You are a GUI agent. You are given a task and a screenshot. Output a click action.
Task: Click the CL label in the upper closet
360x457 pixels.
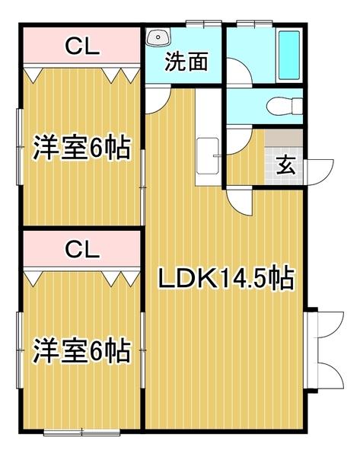click(81, 47)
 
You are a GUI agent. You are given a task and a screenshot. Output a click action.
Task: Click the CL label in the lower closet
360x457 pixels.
click(81, 248)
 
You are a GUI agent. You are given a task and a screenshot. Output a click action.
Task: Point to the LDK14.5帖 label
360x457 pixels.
click(226, 280)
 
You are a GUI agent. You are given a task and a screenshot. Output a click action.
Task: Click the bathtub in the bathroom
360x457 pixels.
click(289, 56)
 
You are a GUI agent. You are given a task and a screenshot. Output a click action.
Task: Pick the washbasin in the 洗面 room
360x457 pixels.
click(158, 37)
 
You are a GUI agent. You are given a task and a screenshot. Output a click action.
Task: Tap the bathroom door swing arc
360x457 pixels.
click(240, 73)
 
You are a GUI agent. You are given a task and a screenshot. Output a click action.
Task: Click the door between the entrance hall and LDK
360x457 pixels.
click(239, 201)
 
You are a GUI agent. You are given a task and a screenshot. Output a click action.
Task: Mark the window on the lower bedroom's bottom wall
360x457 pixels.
click(81, 433)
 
